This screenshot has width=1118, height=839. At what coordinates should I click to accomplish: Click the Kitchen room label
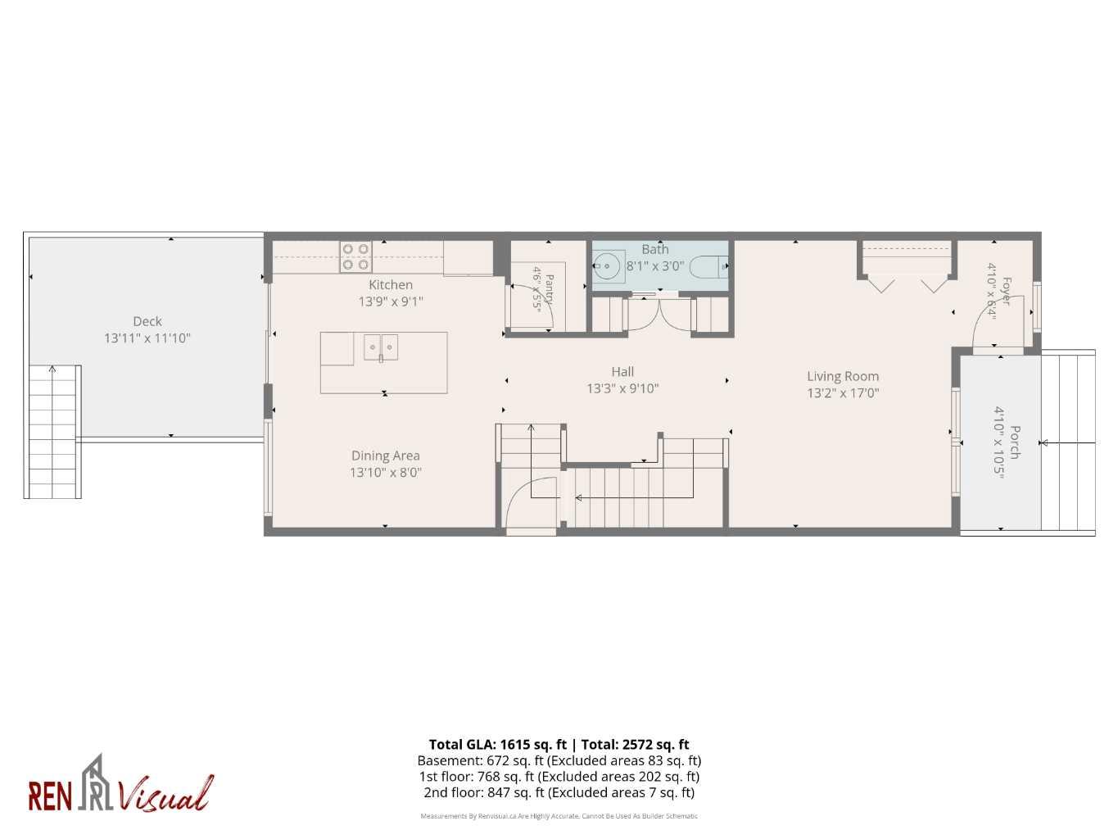point(391,285)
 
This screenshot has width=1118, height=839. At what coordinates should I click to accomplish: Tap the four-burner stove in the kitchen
point(356,256)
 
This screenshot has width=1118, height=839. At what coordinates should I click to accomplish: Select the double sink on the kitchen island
point(381,347)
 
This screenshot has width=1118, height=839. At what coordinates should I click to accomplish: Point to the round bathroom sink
point(606,265)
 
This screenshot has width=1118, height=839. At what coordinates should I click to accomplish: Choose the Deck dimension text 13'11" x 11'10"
point(147,338)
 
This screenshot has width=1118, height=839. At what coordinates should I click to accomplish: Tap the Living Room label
point(843,376)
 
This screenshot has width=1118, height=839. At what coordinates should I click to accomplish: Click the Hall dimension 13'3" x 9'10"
point(622,388)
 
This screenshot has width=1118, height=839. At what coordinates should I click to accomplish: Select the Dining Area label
point(386,456)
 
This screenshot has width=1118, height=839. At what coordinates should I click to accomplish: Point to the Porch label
point(1015,442)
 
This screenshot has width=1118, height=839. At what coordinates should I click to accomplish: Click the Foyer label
point(1006,291)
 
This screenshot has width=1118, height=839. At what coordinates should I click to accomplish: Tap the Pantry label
point(550,289)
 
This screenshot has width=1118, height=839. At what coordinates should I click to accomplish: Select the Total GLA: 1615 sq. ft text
point(498,744)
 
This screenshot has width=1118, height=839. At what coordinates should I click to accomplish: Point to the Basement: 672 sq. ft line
point(559,760)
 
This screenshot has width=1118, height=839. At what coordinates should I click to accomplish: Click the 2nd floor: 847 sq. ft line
point(559,792)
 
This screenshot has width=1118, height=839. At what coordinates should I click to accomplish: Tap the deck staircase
point(52,432)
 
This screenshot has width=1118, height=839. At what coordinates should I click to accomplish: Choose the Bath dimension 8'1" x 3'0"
point(655,266)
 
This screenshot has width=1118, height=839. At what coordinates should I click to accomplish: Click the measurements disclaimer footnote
point(559,816)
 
